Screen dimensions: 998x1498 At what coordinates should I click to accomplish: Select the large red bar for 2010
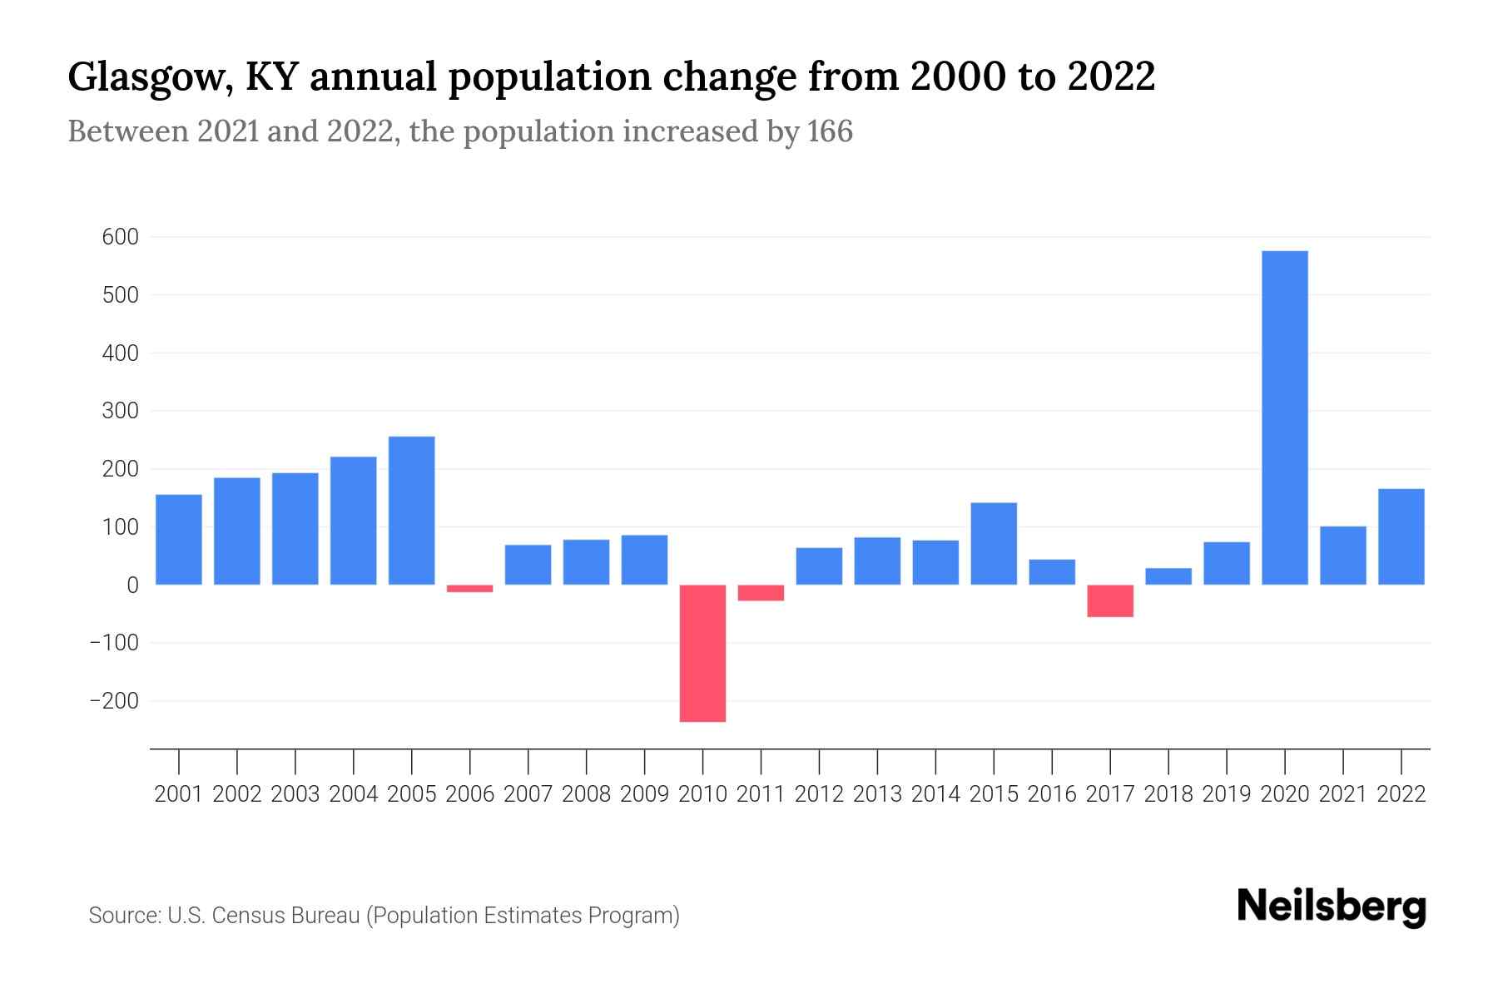pos(702,653)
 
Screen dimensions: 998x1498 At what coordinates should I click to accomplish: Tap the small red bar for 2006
pos(469,589)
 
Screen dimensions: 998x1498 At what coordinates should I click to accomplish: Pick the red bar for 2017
pos(1109,600)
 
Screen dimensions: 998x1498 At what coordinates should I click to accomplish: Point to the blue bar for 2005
pos(411,511)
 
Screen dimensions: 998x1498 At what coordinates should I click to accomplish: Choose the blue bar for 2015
pos(993,543)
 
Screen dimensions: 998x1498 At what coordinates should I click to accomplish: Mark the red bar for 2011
pos(761,593)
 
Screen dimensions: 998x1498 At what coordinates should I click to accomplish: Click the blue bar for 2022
pos(1401,536)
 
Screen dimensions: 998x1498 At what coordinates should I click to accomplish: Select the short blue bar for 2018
pos(1168,576)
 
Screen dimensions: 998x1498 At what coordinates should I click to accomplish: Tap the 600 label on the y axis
pos(120,237)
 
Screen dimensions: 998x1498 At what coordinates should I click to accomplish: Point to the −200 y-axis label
pos(114,701)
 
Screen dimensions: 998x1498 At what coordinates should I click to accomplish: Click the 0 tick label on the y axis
pos(132,585)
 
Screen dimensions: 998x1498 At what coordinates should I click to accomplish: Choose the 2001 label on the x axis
pos(178,794)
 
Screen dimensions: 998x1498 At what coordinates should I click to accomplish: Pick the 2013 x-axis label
pos(876,794)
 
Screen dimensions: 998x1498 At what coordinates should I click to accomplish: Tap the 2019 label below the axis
pos(1226,794)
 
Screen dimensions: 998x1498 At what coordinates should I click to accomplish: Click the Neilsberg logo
pos(1331,907)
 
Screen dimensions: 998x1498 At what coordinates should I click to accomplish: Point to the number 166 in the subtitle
pos(830,131)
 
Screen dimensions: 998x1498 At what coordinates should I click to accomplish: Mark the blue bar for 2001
pos(178,540)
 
